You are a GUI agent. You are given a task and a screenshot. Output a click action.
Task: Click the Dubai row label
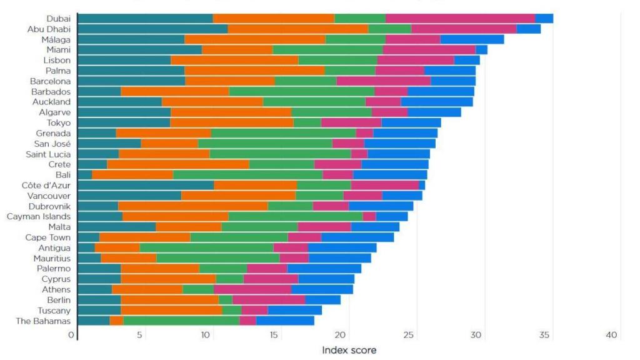(58, 19)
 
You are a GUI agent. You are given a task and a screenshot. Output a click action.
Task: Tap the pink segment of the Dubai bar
(460, 19)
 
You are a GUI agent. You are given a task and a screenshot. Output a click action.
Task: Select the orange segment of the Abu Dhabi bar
(297, 29)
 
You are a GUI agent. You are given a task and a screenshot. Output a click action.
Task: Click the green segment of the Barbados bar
(301, 91)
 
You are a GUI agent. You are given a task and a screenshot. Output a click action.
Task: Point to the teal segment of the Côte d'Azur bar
(146, 185)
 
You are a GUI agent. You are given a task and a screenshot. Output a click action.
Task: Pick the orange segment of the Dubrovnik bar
(192, 206)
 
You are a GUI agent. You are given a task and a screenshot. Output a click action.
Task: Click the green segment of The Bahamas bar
(181, 321)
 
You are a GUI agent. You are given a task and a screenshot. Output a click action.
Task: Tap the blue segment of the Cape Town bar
(357, 237)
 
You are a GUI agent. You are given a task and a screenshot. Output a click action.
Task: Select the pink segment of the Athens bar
(252, 289)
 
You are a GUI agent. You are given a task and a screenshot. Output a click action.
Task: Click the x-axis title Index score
(349, 350)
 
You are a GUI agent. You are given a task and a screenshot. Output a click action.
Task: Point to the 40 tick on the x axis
(611, 336)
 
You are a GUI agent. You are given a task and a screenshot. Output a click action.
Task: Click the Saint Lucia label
(47, 154)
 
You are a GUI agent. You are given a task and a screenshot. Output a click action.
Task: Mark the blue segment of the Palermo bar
(324, 269)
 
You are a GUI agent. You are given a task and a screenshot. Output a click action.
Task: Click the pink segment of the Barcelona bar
(383, 81)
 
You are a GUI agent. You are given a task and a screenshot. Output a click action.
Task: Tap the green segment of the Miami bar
(327, 49)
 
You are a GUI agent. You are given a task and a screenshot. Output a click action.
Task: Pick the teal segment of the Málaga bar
(131, 39)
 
